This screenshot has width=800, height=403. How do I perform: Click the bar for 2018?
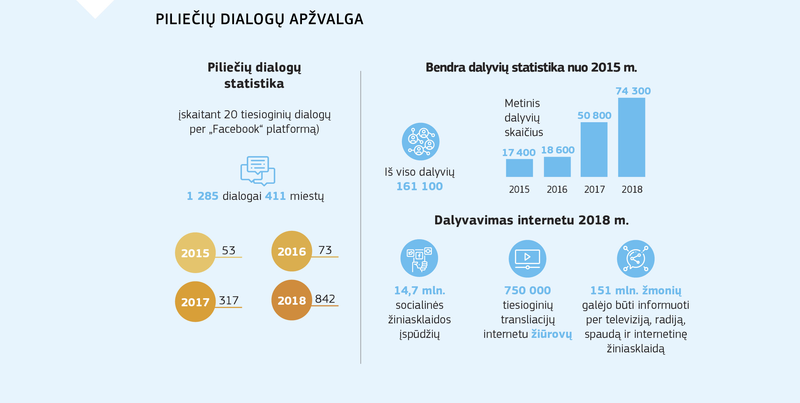pos(631,137)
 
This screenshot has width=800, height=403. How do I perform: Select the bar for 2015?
pos(519,168)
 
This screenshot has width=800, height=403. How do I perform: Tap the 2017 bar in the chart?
pos(594,150)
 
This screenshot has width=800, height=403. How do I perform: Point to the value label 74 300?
pos(633,91)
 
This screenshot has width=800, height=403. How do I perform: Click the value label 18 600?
pos(558,150)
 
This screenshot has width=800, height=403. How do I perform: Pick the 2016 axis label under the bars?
pos(557,190)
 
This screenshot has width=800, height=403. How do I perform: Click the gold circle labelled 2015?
pos(195,253)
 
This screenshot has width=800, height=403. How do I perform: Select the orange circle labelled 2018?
pos(292,300)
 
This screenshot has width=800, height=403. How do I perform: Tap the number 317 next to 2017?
pos(229,300)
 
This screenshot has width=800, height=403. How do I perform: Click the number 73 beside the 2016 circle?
pos(325,250)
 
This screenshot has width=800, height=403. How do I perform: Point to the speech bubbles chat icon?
pos(257,171)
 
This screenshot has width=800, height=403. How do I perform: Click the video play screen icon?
pos(527,259)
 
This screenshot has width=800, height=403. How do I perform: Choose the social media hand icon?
pos(419,258)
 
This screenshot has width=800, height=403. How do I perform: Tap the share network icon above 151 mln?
pos(635,259)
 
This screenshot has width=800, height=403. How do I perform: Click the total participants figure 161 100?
pos(419,186)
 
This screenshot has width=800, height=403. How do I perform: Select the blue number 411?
pos(275,196)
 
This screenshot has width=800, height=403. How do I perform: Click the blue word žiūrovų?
pos(552,334)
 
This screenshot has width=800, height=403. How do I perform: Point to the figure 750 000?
pos(527,290)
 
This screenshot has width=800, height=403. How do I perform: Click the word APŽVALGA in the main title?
pos(326,19)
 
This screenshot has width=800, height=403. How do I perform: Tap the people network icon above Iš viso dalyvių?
pos(420,142)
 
